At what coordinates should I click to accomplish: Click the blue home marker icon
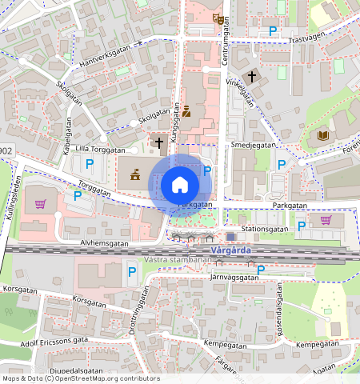coord(180,186)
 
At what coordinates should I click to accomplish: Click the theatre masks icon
coord(218,18)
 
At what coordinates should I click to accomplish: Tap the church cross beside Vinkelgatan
coord(253,77)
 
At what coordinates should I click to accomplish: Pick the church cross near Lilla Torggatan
coord(158,144)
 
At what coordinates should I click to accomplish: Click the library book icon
coord(323,136)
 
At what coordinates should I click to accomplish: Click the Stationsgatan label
coord(265,228)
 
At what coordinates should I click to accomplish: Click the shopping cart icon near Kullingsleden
coord(39,203)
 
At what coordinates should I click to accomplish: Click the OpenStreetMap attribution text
coord(81,378)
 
